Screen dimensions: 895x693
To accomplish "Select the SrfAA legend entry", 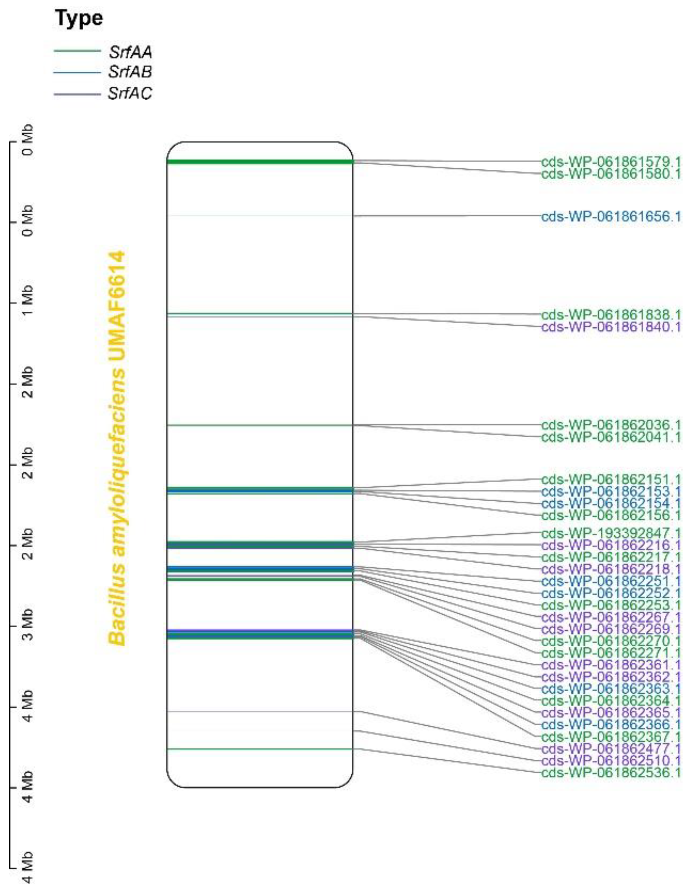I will point(130,52).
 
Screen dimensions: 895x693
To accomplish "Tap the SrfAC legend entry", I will point(130,94).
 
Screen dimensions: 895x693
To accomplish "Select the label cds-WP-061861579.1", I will point(611,161).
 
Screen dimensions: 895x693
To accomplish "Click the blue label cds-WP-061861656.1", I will point(611,216).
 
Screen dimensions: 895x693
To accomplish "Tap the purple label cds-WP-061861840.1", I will point(611,327).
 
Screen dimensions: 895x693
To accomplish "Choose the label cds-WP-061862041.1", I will point(611,437).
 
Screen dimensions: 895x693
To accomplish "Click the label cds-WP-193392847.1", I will point(611,533).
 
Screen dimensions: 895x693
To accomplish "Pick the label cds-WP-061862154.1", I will point(611,503).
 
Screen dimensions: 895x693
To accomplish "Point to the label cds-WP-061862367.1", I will point(611,736).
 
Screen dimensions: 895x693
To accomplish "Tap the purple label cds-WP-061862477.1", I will point(611,749).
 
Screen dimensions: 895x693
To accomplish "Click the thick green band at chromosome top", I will point(259,161).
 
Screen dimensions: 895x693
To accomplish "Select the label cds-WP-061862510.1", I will point(611,761).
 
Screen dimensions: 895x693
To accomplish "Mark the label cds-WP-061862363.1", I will point(611,688).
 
